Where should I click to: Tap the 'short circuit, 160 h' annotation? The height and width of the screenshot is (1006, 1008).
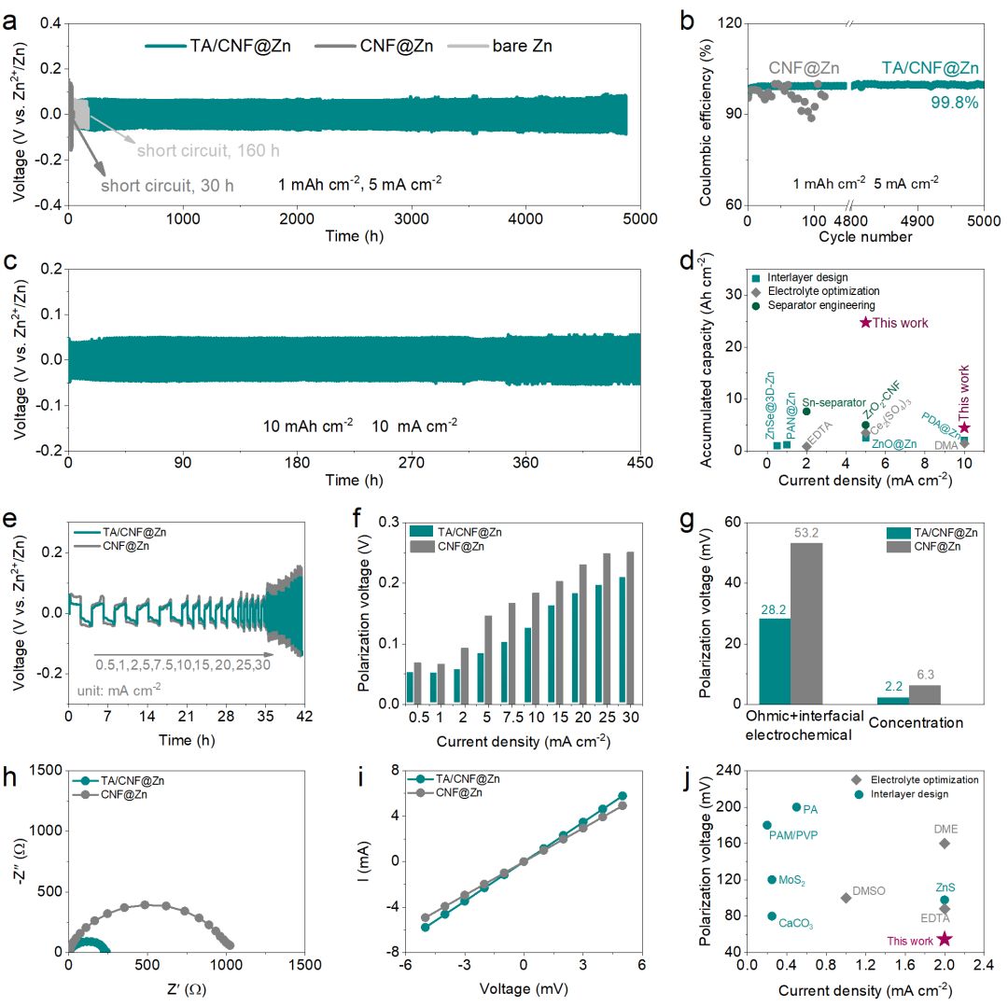pyautogui.click(x=208, y=150)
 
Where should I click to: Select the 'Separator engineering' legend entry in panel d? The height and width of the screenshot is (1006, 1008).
pyautogui.click(x=815, y=305)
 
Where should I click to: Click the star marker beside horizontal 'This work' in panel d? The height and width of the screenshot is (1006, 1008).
pyautogui.click(x=865, y=322)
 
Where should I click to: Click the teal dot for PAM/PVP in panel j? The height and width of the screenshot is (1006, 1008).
pyautogui.click(x=767, y=825)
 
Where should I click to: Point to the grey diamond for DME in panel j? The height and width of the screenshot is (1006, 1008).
pyautogui.click(x=945, y=843)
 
